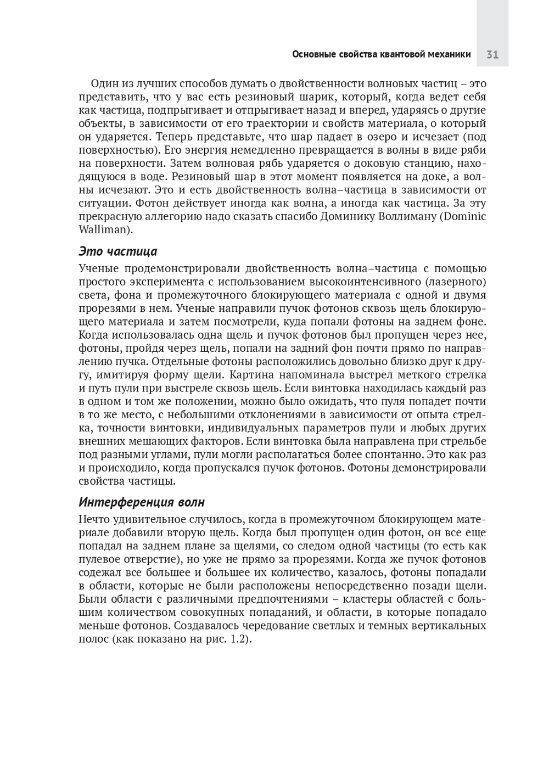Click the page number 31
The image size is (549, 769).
[x=492, y=55]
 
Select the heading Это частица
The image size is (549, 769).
[x=117, y=251]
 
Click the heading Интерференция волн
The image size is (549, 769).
[x=142, y=502]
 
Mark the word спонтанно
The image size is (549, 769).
[x=396, y=454]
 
